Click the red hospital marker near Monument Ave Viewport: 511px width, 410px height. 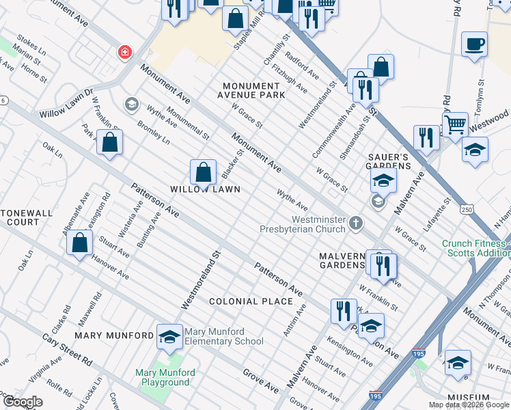click(124, 51)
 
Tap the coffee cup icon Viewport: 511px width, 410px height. click(474, 45)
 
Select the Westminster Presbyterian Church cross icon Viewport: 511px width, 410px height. click(355, 223)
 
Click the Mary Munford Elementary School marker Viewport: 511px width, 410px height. click(169, 336)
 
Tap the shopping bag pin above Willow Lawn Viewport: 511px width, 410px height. click(203, 173)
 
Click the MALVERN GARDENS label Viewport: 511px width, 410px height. click(344, 260)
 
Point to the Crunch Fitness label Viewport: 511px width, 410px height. click(476, 247)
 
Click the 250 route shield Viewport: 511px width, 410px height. click(467, 208)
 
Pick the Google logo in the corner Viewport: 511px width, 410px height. click(23, 402)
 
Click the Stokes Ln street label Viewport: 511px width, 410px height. click(31, 46)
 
